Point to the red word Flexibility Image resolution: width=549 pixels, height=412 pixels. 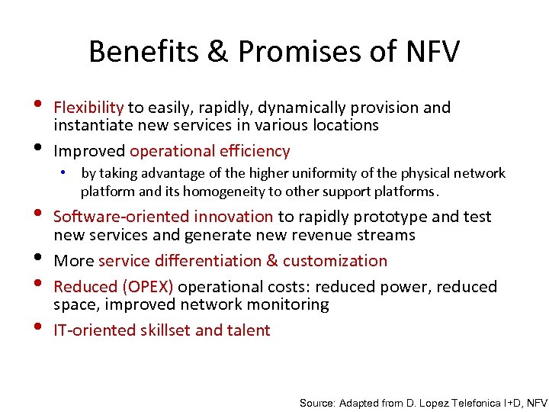pyautogui.click(x=88, y=108)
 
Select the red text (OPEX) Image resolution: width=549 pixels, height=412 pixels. pyautogui.click(x=146, y=287)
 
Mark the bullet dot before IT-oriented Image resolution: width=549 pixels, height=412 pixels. pyautogui.click(x=39, y=328)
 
